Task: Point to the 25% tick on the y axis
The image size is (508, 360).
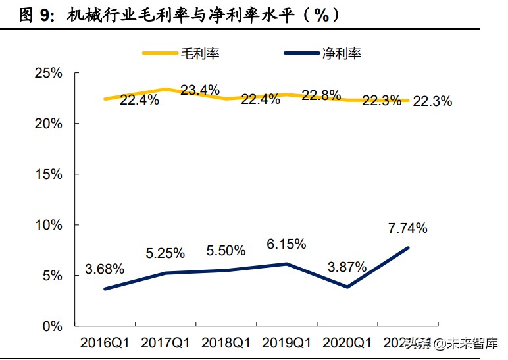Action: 48,73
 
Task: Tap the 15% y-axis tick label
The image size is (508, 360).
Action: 48,174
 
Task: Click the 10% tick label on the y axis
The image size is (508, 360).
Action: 48,225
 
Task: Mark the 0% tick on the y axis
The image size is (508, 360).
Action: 52,326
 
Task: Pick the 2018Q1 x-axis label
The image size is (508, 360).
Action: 226,343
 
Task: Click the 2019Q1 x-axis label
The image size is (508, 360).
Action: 287,343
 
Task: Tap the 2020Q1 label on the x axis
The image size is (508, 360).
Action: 347,343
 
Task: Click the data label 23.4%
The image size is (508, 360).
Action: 200,90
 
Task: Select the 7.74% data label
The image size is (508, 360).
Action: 408,228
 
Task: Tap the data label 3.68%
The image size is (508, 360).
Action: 105,269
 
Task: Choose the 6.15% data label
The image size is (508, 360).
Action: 286,244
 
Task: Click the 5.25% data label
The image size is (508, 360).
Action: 165,253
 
